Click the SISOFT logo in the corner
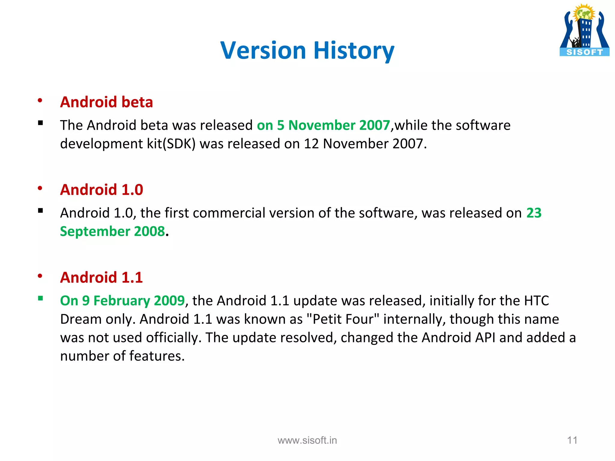tap(584, 30)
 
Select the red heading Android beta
tap(107, 102)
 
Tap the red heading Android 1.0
tap(101, 190)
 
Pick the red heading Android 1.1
tap(101, 277)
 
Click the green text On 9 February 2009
tap(122, 300)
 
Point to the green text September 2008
tap(112, 231)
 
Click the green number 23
tap(534, 213)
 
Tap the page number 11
tap(572, 440)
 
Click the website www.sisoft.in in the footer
tap(307, 440)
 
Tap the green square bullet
tap(41, 298)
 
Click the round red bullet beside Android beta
tap(40, 101)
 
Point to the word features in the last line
tap(157, 356)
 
